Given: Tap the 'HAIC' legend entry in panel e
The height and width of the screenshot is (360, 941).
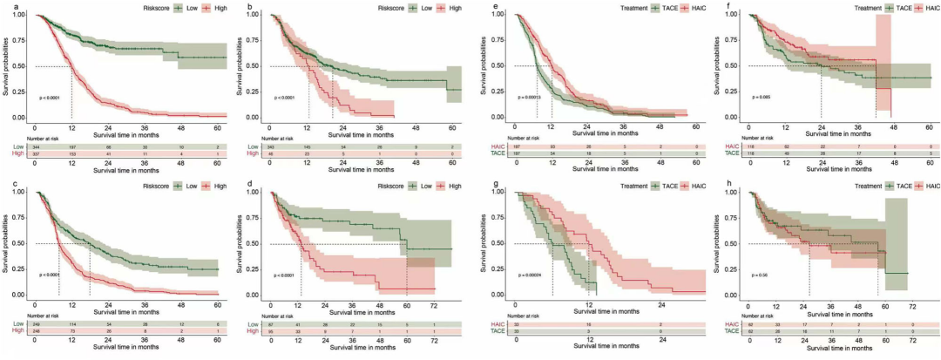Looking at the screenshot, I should coord(679,7).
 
